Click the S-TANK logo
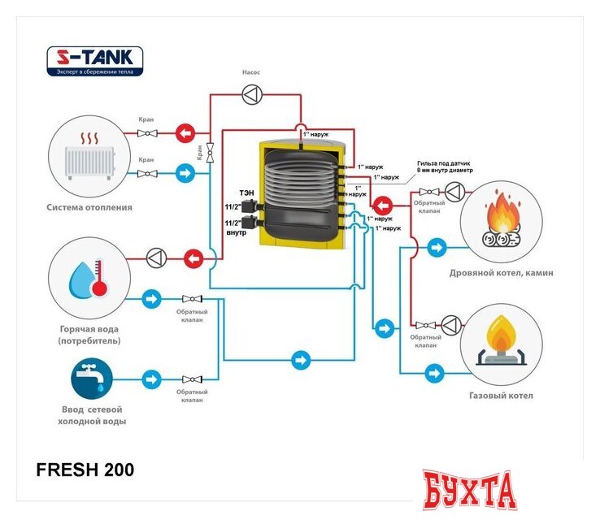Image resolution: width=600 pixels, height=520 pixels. (94, 61)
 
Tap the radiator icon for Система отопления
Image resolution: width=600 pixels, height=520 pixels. (89, 154)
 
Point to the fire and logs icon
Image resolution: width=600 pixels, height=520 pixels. (502, 220)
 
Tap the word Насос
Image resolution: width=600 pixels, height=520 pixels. (251, 72)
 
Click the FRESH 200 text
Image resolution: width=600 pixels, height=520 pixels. (85, 470)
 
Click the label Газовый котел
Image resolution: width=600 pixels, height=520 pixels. (501, 396)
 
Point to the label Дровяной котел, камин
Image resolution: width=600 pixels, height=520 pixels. (501, 273)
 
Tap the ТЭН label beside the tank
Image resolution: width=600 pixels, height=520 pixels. (245, 192)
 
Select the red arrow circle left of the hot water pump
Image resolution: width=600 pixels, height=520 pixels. (193, 258)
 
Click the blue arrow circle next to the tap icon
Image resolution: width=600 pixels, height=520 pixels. (151, 379)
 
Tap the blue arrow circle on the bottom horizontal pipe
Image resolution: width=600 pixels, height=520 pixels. (302, 357)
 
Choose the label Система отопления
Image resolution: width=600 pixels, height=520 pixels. (89, 207)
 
